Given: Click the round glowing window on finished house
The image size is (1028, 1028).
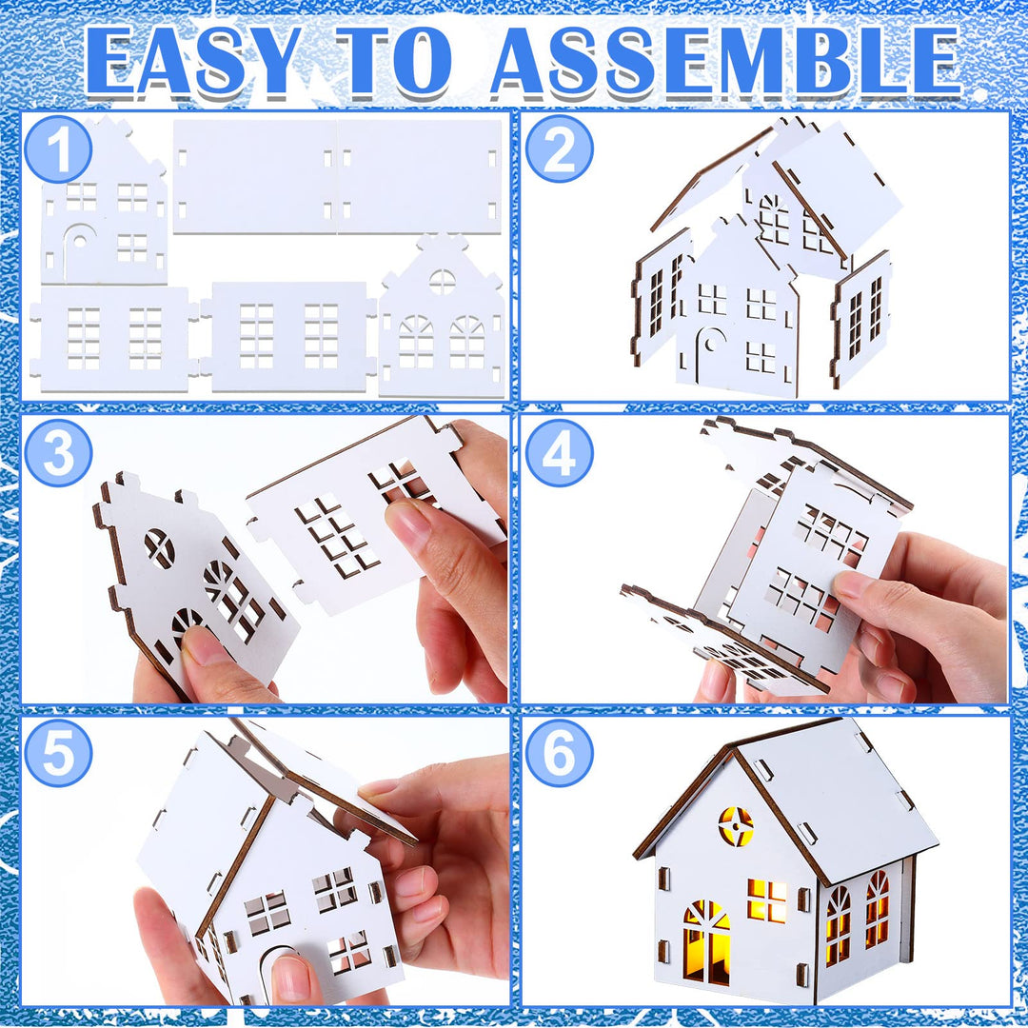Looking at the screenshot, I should (x=736, y=825).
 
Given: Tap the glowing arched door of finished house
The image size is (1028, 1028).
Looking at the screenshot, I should (x=707, y=942).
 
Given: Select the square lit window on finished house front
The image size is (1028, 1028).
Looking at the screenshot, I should (x=767, y=899).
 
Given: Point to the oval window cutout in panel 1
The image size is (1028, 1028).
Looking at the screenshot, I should (x=442, y=281).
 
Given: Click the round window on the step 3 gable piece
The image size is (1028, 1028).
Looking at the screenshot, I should (x=159, y=548).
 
